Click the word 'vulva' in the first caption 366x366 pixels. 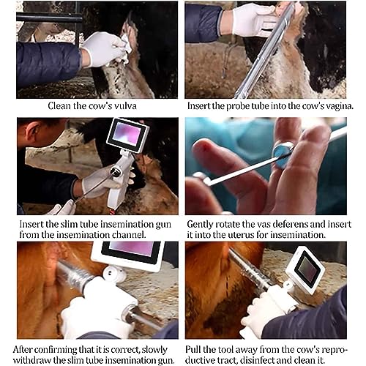point(125,106)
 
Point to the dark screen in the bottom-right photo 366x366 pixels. point(307,268)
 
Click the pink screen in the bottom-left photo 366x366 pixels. point(132,248)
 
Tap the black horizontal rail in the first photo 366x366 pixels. point(49,18)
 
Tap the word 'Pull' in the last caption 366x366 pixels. point(193,349)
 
